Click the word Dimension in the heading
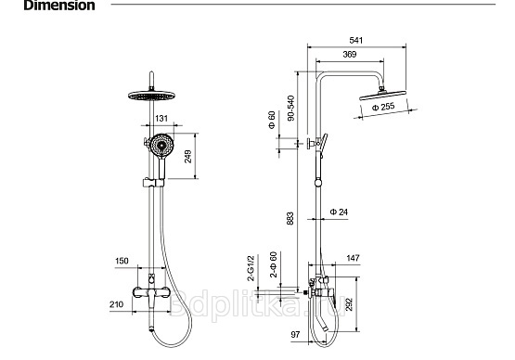[59, 6]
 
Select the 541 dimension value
[356, 41]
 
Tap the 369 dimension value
[350, 54]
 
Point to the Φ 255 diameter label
[383, 107]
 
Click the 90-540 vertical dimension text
[290, 109]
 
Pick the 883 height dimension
[290, 218]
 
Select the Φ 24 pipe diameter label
[339, 212]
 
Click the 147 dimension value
[354, 258]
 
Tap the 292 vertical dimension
[349, 304]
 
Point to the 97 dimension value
[295, 334]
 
